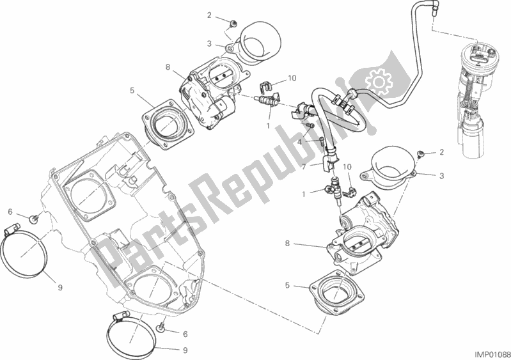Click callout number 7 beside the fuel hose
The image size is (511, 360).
point(306,165)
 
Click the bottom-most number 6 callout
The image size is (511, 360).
point(185,334)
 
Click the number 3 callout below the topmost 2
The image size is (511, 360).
point(208,43)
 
